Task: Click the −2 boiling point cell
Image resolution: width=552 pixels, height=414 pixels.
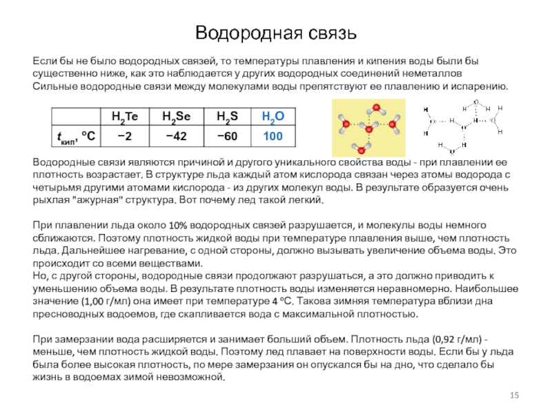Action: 125,136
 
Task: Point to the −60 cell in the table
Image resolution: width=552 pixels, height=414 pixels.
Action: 228,136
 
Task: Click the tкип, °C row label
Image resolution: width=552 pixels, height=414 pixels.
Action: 75,136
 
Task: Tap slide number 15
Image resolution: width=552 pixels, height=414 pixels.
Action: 513,395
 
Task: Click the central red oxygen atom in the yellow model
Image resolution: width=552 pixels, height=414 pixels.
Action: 369,129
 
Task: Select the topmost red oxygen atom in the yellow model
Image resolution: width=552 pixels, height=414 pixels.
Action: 376,108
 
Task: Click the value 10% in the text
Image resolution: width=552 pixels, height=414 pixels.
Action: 178,226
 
